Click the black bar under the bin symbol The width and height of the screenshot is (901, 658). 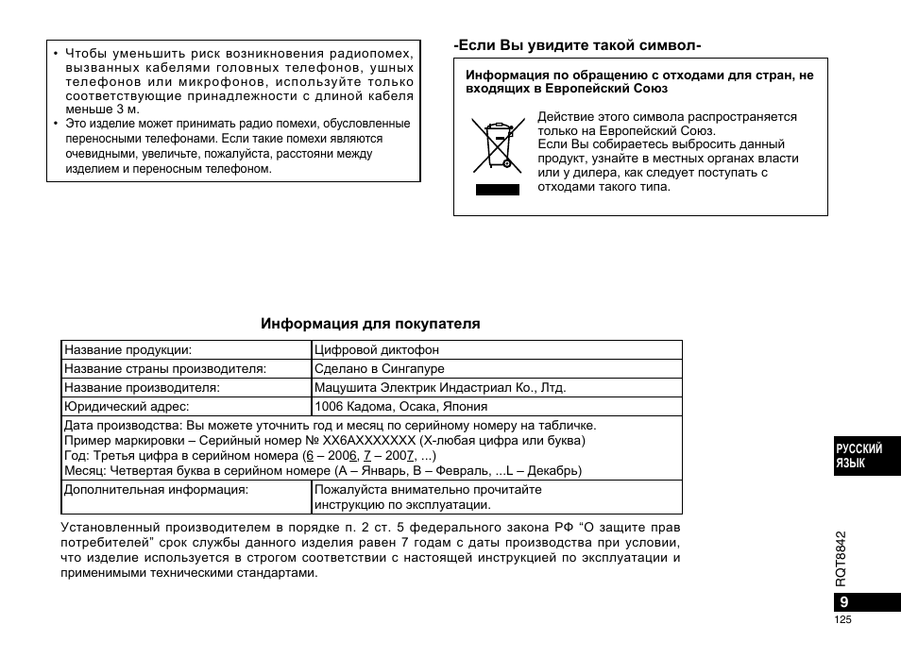tap(497, 189)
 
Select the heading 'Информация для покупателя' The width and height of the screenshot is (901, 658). tap(370, 324)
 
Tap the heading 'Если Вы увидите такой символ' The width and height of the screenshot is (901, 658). tap(577, 45)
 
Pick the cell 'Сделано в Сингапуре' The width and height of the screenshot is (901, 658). tap(380, 369)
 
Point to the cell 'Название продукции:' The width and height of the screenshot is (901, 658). tap(127, 350)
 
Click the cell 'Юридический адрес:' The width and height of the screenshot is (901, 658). tap(127, 407)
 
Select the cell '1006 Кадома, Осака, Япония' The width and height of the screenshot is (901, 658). tap(401, 407)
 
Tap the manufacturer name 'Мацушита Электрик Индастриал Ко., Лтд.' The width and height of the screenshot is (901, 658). tap(440, 388)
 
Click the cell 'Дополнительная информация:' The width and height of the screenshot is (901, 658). tap(156, 490)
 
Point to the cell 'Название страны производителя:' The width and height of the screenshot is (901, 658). tap(165, 369)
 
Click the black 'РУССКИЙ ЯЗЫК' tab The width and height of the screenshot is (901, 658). tap(858, 456)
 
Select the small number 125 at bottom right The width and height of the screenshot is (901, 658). tap(843, 620)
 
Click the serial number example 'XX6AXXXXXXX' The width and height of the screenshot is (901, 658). tap(369, 440)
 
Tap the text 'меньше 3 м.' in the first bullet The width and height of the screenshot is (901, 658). tap(102, 110)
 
